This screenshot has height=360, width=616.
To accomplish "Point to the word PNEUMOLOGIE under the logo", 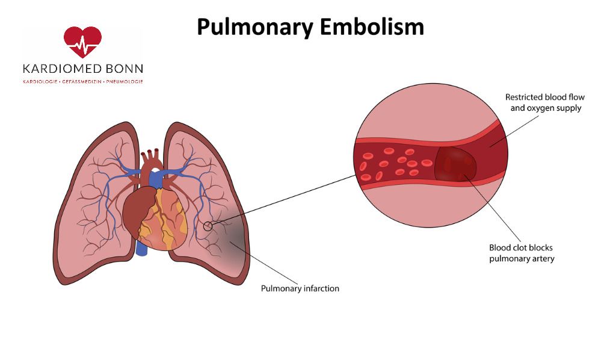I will coord(125,81).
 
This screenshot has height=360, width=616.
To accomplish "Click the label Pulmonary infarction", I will coord(300,288).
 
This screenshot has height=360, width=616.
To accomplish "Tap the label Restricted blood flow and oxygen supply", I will coord(544,103).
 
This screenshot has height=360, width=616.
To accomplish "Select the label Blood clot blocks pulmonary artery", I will coord(522,253).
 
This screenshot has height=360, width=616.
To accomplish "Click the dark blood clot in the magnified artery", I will coord(455,163).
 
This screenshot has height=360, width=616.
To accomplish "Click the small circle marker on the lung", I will coord(208,226).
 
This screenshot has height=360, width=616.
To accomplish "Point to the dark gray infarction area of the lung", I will coord(236,241).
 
